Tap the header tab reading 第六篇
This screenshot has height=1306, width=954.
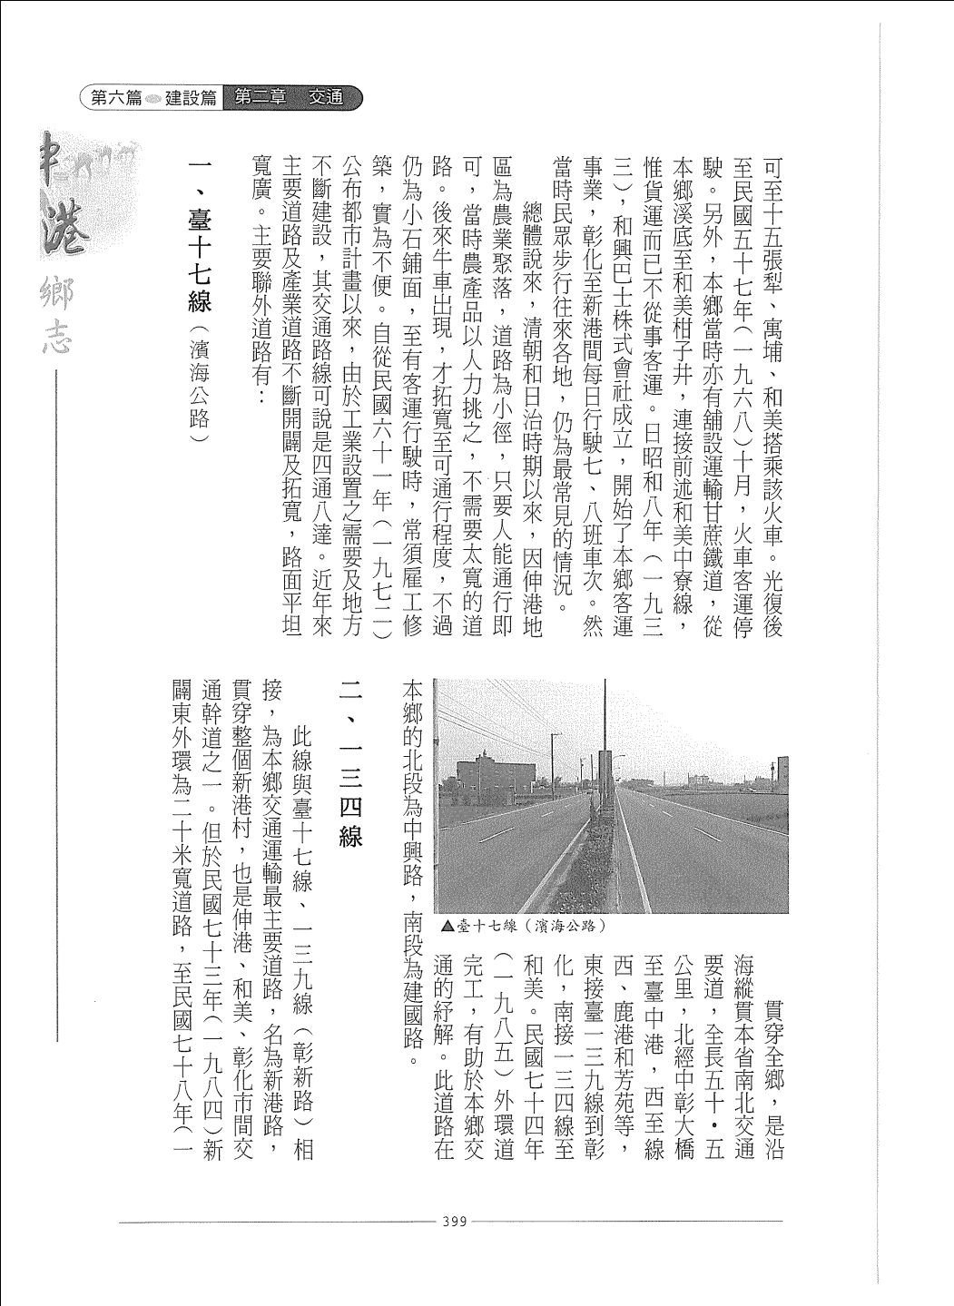[x=115, y=98]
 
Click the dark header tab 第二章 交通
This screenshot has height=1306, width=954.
[x=290, y=98]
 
